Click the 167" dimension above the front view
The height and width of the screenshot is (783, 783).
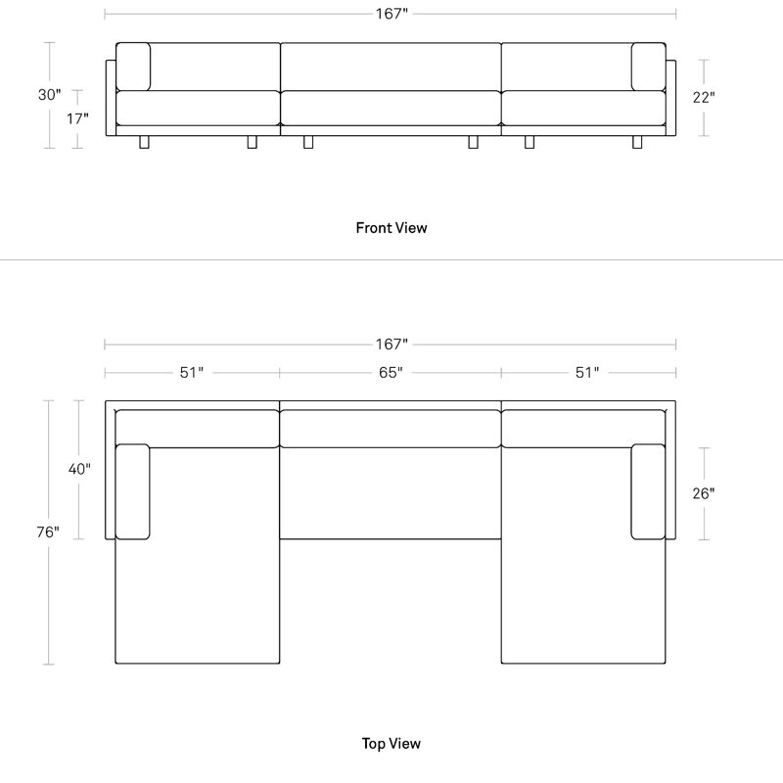(391, 14)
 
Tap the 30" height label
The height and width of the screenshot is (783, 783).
(50, 94)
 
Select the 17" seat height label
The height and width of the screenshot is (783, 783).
(77, 118)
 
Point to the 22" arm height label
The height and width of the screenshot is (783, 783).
(704, 97)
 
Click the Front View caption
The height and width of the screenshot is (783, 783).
(391, 228)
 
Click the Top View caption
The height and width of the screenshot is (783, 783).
(391, 744)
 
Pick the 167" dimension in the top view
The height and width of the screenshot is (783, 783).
(391, 345)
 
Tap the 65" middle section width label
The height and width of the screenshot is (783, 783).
(391, 373)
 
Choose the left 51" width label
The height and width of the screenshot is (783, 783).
(192, 373)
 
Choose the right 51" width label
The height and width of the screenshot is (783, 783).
(587, 373)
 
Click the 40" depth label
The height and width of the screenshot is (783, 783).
(79, 469)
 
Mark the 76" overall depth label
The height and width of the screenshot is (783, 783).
(48, 532)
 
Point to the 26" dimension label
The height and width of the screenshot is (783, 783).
(704, 493)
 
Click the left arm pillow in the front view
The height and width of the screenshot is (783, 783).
(133, 67)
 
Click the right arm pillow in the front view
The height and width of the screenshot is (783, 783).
(648, 67)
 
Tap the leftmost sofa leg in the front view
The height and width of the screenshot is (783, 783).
(144, 142)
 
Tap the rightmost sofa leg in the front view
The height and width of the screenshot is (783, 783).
(637, 142)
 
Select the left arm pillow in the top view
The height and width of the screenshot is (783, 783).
(133, 492)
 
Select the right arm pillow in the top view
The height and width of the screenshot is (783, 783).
(648, 492)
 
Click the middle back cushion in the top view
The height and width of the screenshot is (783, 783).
(391, 429)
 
